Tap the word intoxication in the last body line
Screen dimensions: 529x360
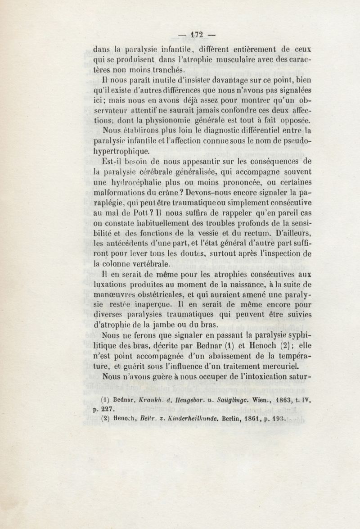pyautogui.click(x=269, y=377)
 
